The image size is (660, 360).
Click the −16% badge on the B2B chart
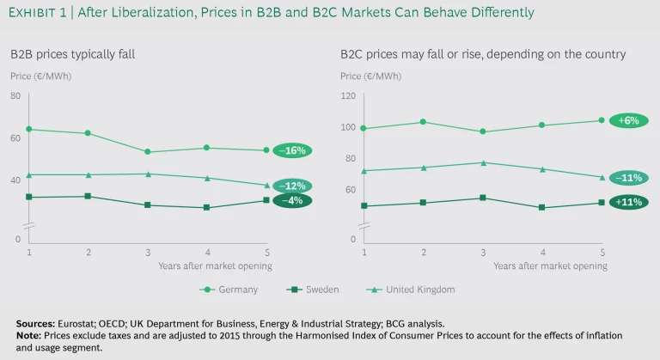click(x=292, y=150)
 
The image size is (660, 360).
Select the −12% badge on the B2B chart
click(x=292, y=186)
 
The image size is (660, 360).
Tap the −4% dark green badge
click(x=292, y=200)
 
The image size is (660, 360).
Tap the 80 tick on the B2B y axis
click(x=15, y=95)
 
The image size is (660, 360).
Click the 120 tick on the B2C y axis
click(x=348, y=95)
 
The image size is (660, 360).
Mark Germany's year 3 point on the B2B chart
click(x=148, y=152)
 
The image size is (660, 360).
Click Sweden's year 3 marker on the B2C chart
click(x=483, y=198)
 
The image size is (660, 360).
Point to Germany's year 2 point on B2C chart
click(x=424, y=122)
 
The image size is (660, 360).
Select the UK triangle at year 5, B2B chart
click(x=266, y=185)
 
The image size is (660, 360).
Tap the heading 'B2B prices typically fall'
click(x=72, y=54)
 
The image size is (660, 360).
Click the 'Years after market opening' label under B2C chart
click(x=549, y=265)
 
